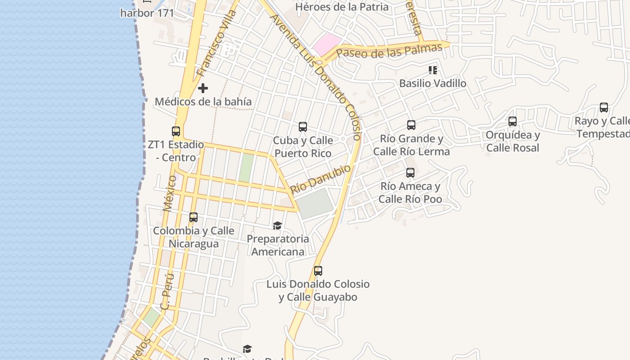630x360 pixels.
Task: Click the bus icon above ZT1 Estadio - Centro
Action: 176,131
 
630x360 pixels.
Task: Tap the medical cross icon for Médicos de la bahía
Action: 203,88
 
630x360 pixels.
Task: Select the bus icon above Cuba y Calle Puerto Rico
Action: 303,127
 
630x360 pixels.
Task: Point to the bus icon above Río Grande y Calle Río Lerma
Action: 411,125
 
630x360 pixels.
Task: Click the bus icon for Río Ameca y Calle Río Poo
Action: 410,172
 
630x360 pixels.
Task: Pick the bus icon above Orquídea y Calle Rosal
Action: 512,121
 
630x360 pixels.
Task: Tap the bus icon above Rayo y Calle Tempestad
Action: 603,108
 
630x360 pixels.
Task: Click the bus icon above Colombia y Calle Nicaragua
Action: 193,217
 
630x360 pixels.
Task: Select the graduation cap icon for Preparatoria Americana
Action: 277,225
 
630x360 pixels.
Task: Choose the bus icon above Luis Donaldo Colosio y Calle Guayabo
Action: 318,271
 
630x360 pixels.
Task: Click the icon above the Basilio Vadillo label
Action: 433,70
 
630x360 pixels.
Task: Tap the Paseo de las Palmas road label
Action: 389,51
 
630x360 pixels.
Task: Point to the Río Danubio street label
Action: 320,179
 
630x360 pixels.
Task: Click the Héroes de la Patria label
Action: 342,7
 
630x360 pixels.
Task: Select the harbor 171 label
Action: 147,13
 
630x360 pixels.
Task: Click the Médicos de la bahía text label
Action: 203,102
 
